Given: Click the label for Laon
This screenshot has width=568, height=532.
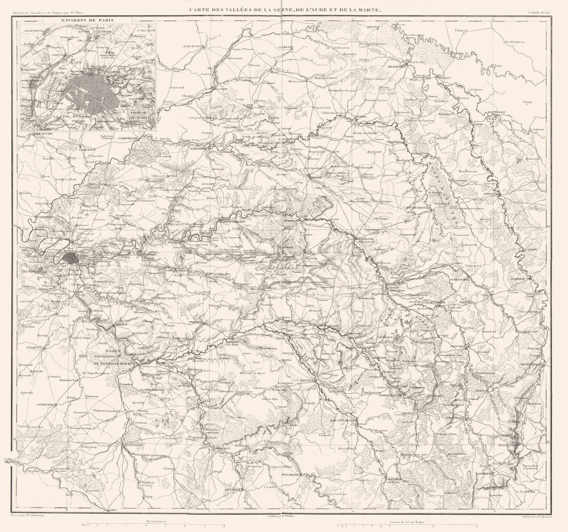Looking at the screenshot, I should [248, 106].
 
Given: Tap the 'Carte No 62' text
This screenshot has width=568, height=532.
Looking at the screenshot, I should [538, 13].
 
